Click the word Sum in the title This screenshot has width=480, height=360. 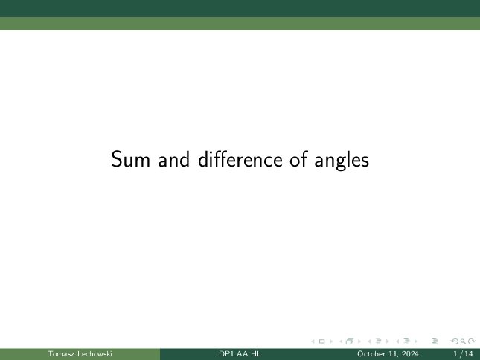pyautogui.click(x=130, y=159)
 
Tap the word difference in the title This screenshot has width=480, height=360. pyautogui.click(x=240, y=159)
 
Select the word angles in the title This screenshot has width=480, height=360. pyautogui.click(x=342, y=161)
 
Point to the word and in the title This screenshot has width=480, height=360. pyautogui.click(x=174, y=159)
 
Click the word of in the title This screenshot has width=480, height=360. pyautogui.click(x=298, y=159)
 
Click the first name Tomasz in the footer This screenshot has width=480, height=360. pyautogui.click(x=61, y=354)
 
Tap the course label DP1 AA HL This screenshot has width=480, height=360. pyautogui.click(x=240, y=354)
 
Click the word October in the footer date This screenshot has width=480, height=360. pyautogui.click(x=371, y=354)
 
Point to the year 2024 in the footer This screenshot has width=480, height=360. pyautogui.click(x=411, y=354)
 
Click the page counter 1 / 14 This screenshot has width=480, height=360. pyautogui.click(x=463, y=354)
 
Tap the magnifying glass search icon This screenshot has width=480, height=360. pyautogui.click(x=463, y=341)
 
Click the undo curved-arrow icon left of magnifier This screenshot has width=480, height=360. pyautogui.click(x=455, y=341)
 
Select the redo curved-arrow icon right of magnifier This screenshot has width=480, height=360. pyautogui.click(x=472, y=341)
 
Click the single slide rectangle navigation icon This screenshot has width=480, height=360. pyautogui.click(x=321, y=341)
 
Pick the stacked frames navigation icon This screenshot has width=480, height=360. pyautogui.click(x=350, y=341)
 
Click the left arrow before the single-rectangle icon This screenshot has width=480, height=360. pyautogui.click(x=313, y=341)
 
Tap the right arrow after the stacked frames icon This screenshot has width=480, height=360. pyautogui.click(x=359, y=341)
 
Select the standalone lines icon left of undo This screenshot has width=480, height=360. pyautogui.click(x=435, y=341)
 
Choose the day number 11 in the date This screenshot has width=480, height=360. pyautogui.click(x=394, y=354)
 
